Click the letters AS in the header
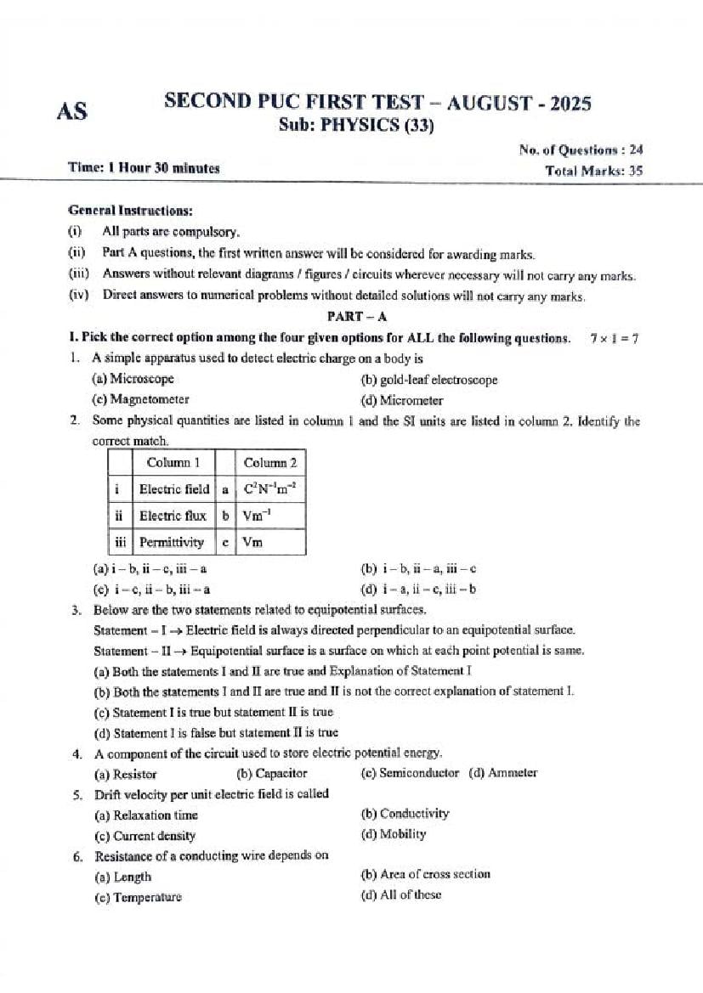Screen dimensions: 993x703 72,111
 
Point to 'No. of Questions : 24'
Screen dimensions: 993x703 581,150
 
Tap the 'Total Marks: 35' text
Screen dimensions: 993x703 593,170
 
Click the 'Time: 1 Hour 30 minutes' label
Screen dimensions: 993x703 144,168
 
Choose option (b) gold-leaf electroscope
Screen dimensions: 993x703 429,380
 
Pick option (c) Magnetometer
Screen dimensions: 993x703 140,399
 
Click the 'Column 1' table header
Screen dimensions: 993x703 173,463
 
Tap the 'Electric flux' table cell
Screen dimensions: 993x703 173,516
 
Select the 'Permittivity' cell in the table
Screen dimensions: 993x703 172,542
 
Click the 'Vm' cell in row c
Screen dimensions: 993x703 252,542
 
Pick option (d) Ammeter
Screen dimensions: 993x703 503,773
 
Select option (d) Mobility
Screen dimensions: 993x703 394,834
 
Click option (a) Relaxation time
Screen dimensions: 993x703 145,815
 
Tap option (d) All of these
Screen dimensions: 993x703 401,894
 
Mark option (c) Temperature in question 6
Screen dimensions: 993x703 138,897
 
